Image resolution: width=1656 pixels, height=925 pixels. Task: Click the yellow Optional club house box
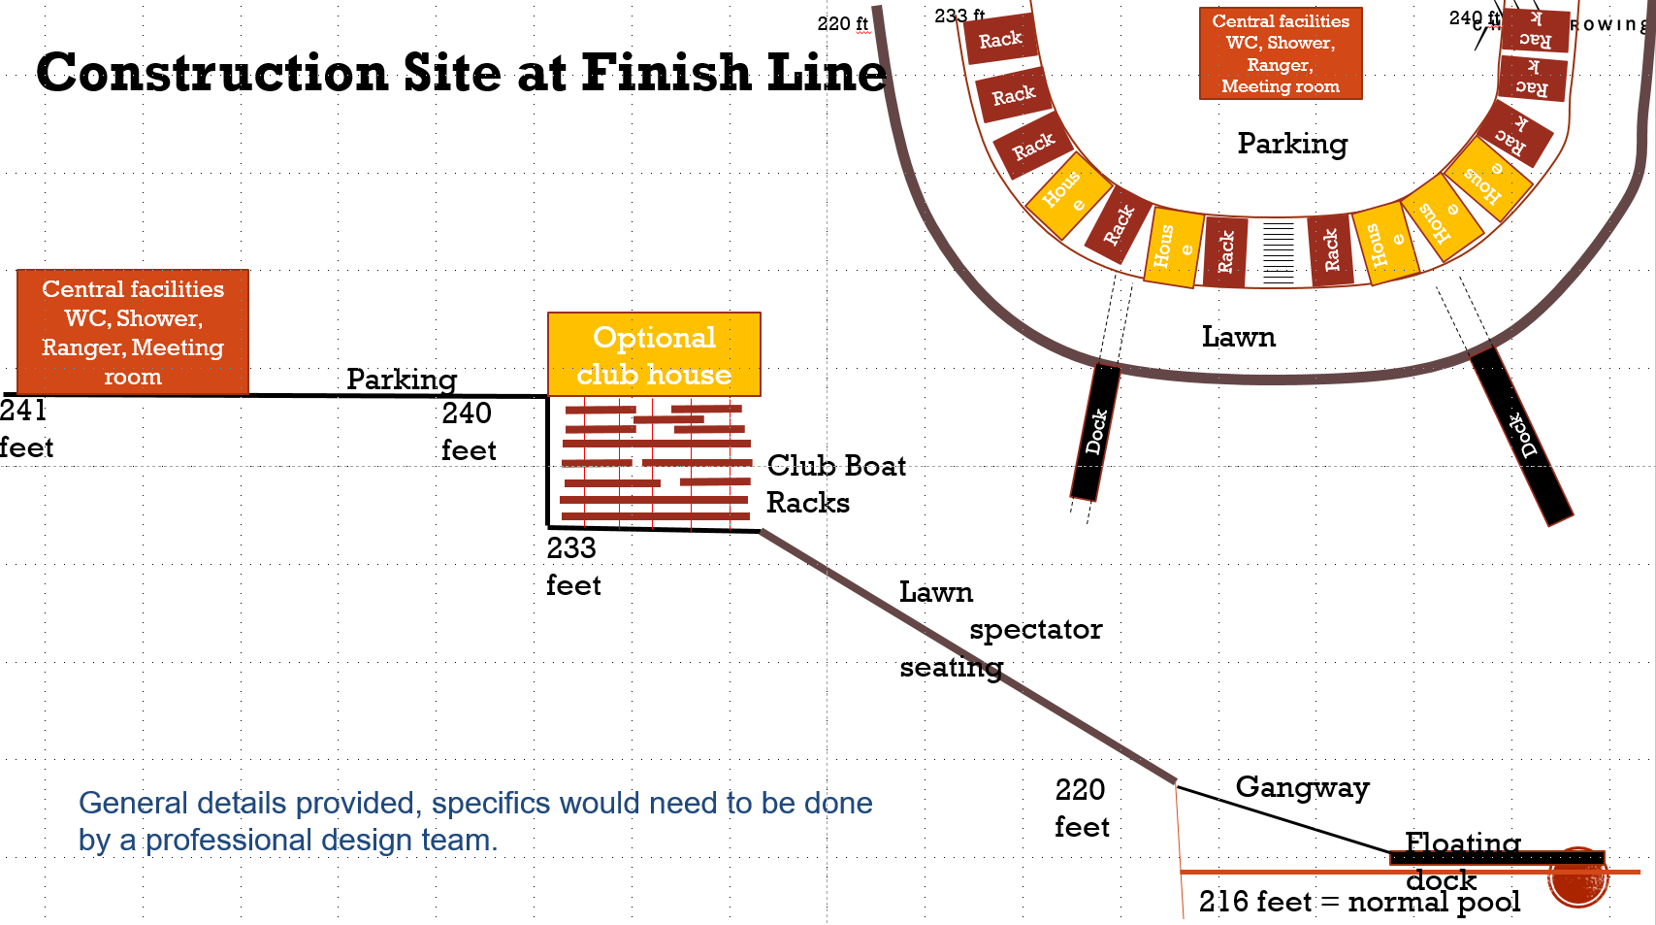point(654,354)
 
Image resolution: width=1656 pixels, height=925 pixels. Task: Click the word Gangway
point(1302,786)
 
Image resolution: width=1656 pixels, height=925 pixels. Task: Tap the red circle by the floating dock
point(1577,878)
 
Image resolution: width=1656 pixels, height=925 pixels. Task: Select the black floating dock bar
point(1497,858)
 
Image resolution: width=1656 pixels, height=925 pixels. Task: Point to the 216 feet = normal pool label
point(1359,902)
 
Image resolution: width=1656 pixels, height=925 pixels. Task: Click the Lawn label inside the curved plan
point(1239,337)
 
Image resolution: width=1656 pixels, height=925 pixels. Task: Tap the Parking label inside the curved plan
point(1292,144)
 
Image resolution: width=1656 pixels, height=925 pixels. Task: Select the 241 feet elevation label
point(25,428)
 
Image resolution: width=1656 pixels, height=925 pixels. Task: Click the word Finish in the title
point(666,73)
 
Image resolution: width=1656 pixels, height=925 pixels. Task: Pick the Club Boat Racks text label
point(835,483)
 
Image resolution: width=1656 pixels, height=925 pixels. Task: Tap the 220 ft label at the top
point(842,23)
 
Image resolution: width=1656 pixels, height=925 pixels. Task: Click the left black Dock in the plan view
point(1095,432)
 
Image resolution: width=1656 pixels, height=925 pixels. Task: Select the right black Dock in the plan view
point(1521,436)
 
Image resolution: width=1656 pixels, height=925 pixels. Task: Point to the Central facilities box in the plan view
point(1281,53)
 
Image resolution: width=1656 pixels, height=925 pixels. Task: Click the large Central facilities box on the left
point(133,332)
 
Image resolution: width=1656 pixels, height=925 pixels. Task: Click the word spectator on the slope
point(1035,629)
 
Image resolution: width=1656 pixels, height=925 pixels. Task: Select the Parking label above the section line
point(402,379)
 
